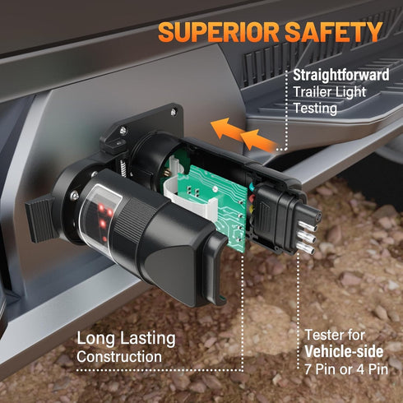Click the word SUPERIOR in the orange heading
[219, 32]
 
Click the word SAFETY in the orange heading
[333, 31]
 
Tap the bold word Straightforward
[341, 75]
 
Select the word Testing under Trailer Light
[315, 109]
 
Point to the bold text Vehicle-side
[344, 351]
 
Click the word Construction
[119, 357]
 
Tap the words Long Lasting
[126, 339]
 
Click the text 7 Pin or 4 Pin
[346, 369]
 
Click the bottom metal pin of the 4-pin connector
[306, 248]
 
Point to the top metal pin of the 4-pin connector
[308, 226]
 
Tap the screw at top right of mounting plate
[174, 111]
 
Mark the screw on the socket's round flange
[74, 195]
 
